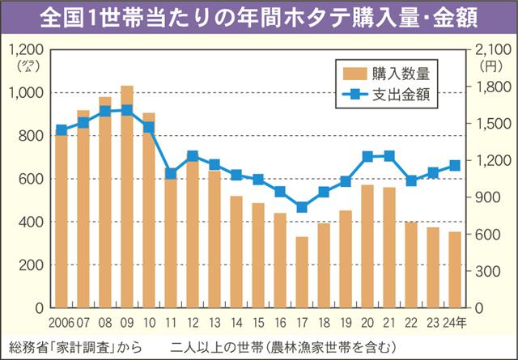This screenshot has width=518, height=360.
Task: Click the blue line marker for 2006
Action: coord(62,130)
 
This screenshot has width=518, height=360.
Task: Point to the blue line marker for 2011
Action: coord(171,173)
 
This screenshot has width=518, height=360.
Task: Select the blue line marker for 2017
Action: coord(302,207)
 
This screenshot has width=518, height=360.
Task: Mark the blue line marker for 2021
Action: coord(389,156)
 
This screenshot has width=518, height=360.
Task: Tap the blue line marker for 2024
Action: coord(456,165)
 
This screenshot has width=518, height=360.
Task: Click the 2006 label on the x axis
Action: coord(62,323)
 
